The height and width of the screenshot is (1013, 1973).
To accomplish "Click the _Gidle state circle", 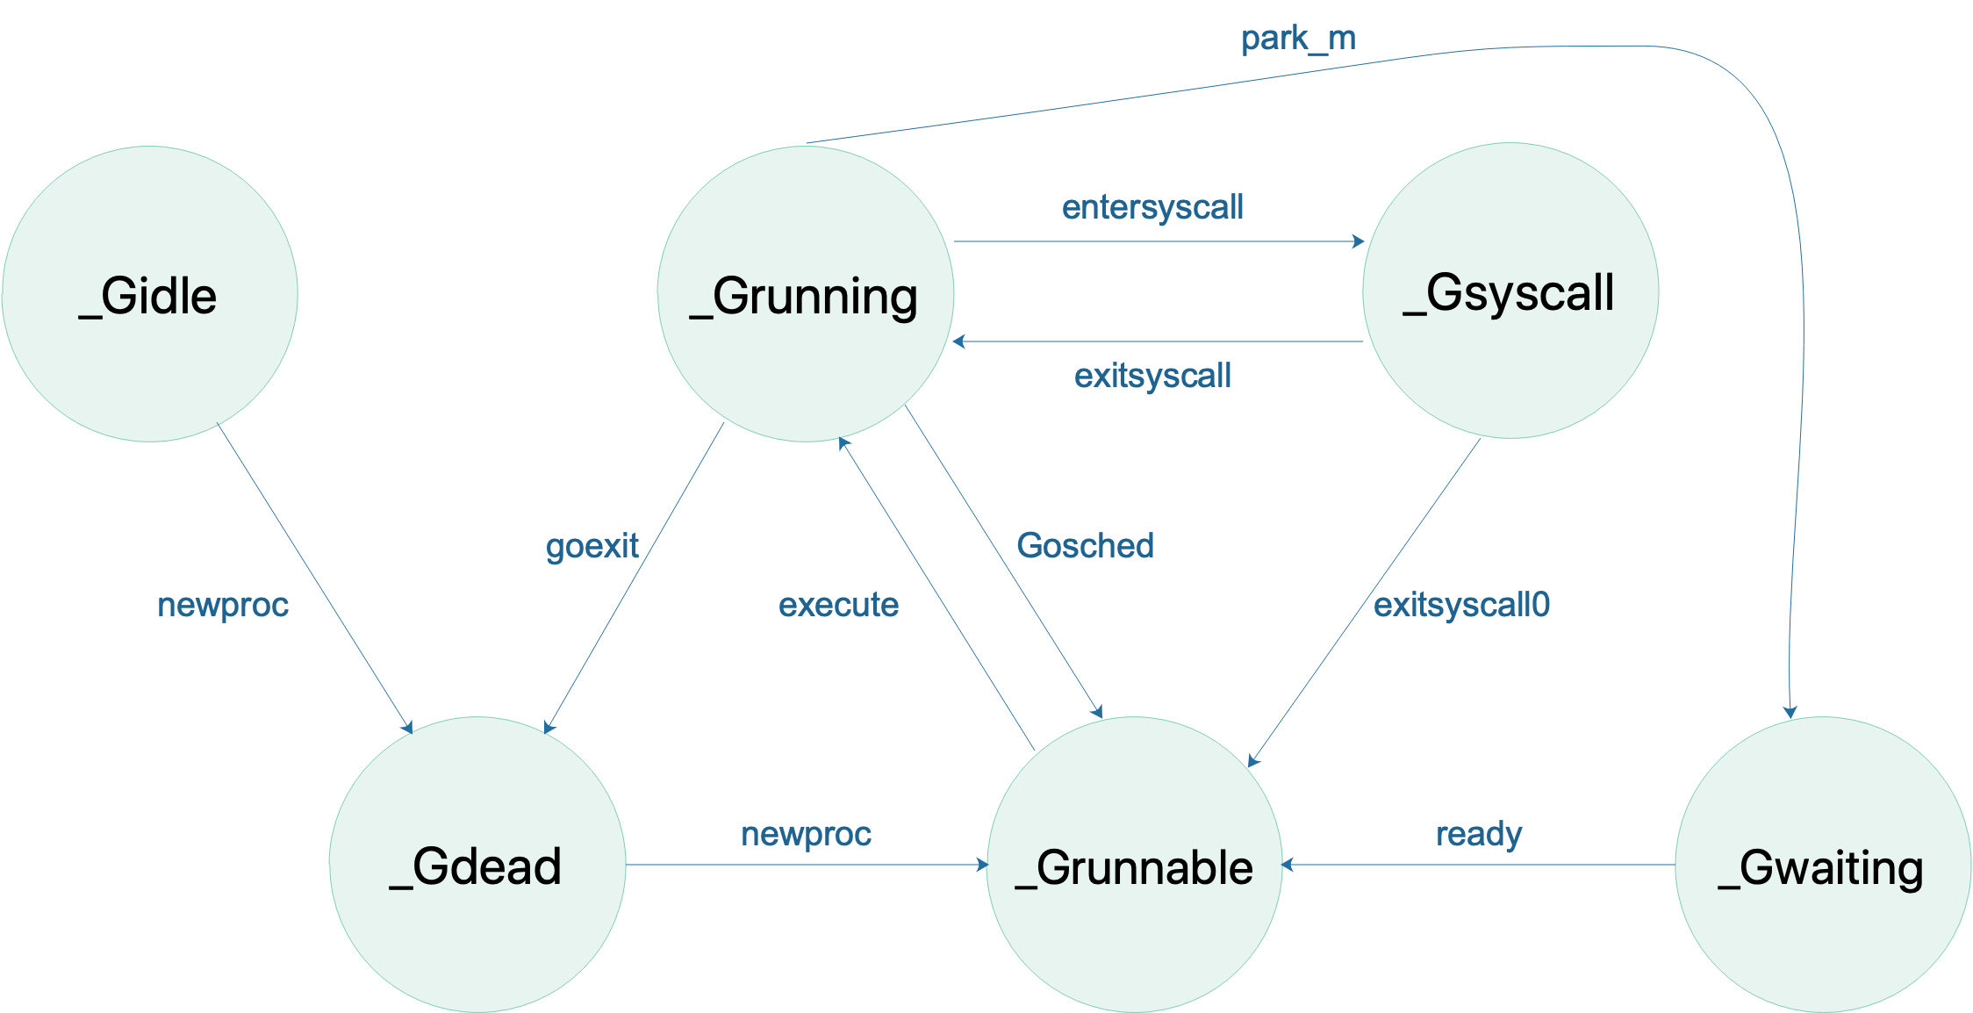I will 149,294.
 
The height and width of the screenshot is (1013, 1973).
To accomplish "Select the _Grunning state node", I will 805,294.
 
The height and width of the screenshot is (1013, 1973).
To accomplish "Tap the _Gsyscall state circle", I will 1510,291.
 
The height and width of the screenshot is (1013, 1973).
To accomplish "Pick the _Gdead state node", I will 477,865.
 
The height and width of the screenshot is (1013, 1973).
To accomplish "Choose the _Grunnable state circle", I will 1134,865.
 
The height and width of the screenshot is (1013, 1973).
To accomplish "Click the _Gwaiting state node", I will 1822,865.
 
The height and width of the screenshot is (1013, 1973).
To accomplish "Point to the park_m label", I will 1298,39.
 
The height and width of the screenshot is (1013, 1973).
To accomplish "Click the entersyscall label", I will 1152,207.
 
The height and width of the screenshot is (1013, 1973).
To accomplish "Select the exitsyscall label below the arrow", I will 1152,376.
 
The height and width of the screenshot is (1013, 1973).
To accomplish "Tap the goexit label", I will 592,546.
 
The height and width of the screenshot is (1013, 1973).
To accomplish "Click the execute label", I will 838,605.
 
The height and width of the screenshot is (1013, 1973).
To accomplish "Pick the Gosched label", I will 1085,546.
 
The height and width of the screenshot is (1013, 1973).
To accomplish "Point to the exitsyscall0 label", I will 1461,605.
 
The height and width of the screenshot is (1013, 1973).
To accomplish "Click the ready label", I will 1479,834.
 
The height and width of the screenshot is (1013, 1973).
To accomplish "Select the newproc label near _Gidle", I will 223,605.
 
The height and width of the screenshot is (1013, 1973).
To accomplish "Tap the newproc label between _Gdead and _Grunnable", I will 806,834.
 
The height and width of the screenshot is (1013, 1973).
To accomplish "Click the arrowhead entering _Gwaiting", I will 1790,712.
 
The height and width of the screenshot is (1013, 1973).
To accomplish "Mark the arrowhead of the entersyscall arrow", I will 1359,241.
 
